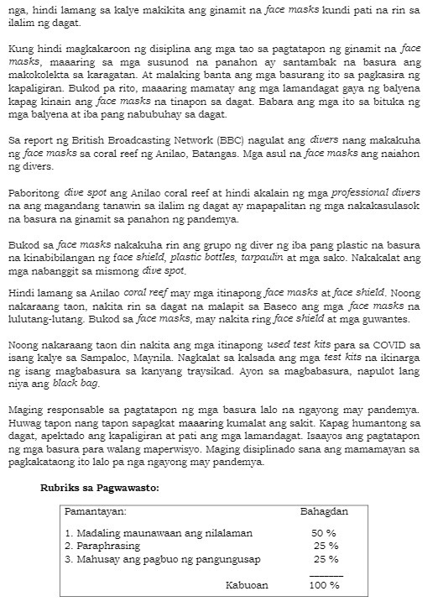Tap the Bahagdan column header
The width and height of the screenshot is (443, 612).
tap(324, 511)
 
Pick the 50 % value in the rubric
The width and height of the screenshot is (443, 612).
tap(324, 533)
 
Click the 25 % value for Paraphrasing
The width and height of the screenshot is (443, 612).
tap(326, 546)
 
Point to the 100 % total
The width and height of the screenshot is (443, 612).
tap(324, 585)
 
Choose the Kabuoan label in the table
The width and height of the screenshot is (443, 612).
tap(248, 585)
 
